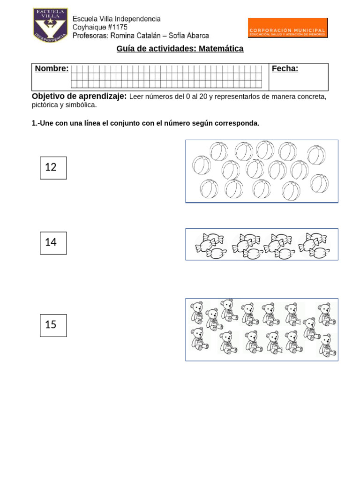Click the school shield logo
(x=50, y=24)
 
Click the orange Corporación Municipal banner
(x=287, y=28)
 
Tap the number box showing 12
(x=53, y=168)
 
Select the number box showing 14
(x=53, y=243)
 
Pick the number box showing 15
(x=53, y=325)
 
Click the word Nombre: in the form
(x=52, y=69)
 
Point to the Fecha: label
(x=285, y=69)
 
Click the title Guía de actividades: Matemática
(x=180, y=49)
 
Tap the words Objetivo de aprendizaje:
(x=79, y=96)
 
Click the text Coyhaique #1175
(x=100, y=27)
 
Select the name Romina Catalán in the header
(x=134, y=36)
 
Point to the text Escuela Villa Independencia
(x=116, y=19)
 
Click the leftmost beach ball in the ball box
(x=202, y=165)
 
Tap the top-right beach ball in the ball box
(x=316, y=155)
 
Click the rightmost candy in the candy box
(x=320, y=253)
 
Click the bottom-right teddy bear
(x=326, y=346)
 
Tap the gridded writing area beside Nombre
(x=166, y=77)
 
